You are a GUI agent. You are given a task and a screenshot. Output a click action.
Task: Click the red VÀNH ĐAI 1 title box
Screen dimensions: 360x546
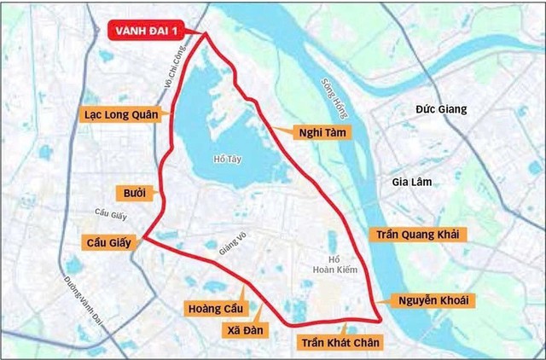pyautogui.click(x=151, y=33)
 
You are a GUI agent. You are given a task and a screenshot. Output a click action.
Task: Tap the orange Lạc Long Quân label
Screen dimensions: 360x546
pyautogui.click(x=120, y=113)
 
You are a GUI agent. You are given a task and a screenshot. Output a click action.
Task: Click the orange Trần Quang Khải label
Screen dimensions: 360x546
pyautogui.click(x=413, y=234)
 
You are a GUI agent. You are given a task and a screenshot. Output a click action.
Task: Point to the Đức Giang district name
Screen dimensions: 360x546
pyautogui.click(x=442, y=110)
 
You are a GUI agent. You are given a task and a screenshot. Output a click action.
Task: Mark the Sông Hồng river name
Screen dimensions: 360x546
pyautogui.click(x=334, y=86)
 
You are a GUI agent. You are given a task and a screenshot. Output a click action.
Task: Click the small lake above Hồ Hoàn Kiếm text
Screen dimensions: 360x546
pyautogui.click(x=333, y=242)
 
